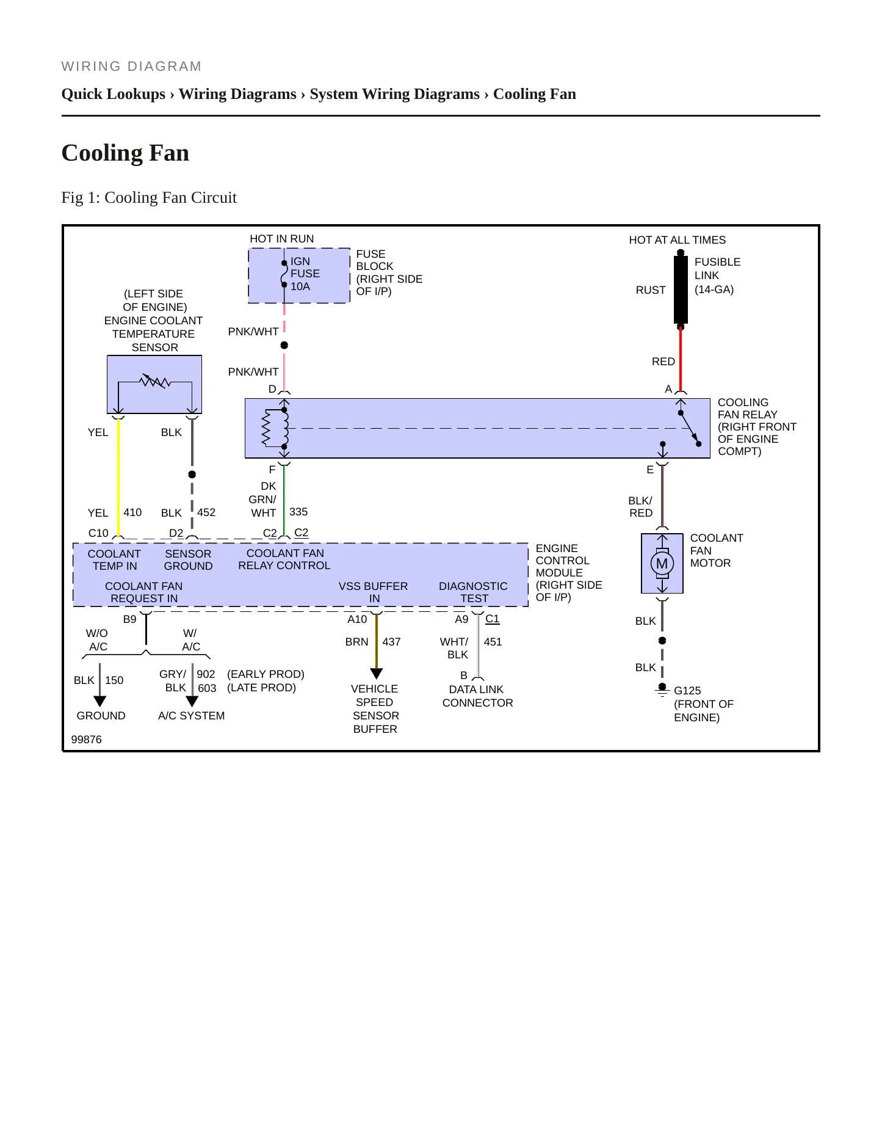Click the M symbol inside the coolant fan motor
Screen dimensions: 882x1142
coord(662,564)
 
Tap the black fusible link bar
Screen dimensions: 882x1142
coord(681,289)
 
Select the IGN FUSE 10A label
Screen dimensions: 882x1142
coord(305,274)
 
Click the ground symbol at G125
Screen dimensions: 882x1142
coord(662,691)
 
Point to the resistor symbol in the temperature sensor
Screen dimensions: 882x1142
coord(155,382)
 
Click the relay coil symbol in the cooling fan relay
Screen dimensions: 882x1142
coord(266,428)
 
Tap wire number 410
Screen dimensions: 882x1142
coord(132,512)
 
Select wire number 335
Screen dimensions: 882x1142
coord(298,512)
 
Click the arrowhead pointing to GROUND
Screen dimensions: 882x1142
coord(100,702)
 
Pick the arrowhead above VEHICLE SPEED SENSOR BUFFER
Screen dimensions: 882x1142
coord(377,674)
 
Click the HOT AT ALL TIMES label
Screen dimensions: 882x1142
coord(678,240)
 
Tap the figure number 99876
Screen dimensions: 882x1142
coord(87,740)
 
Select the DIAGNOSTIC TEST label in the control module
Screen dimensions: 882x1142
coord(473,592)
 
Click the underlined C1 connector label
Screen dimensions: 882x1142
coord(492,619)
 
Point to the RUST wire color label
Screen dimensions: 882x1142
coord(651,290)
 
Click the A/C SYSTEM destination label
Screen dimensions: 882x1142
coord(191,716)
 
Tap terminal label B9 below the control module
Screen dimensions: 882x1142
coord(130,619)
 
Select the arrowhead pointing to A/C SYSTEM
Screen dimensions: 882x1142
coord(192,702)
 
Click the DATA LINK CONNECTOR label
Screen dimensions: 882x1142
coord(477,696)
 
